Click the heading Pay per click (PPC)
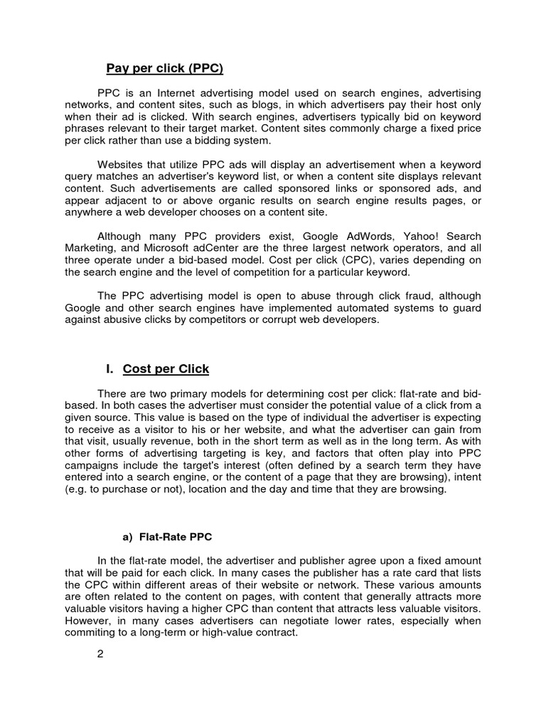click(164, 69)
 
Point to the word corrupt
click(266, 319)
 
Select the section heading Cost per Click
click(166, 369)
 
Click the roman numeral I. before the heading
click(109, 369)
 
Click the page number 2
click(100, 655)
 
